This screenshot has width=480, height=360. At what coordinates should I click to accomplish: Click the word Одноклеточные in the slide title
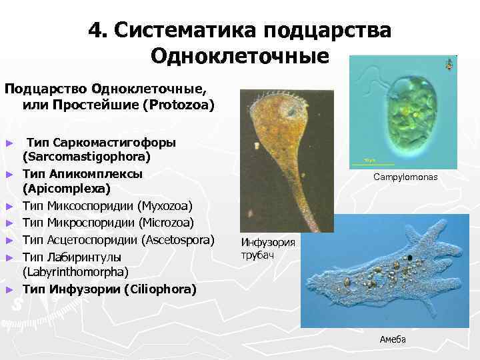pos(240,55)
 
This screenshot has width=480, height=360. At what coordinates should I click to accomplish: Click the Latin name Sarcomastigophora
pos(87,157)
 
